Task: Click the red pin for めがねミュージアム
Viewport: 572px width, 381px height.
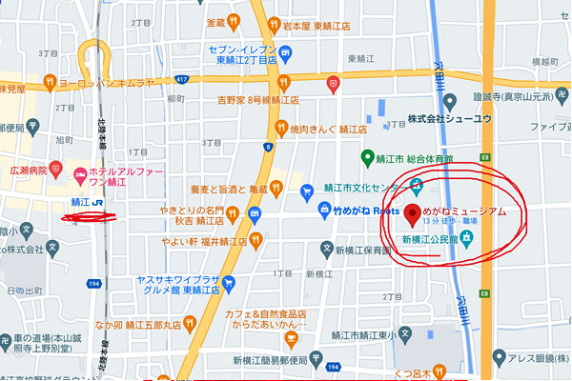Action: (413, 213)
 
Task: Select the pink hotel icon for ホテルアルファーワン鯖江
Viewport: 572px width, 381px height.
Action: (80, 171)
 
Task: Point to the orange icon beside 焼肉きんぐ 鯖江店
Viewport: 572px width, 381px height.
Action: (280, 127)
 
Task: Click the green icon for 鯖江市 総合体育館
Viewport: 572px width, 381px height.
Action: (366, 156)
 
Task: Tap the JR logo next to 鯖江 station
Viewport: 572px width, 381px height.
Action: (100, 203)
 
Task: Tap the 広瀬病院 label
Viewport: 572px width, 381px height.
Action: (29, 169)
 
